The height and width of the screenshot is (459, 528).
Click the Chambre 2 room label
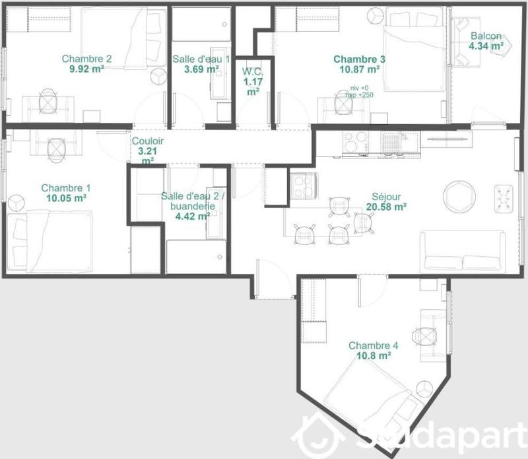coord(86,58)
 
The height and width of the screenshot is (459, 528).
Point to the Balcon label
coord(486,36)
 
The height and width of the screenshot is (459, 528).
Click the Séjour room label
coord(386,196)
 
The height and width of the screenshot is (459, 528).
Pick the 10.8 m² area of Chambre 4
coord(373,355)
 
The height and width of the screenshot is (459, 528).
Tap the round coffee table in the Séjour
coord(459,197)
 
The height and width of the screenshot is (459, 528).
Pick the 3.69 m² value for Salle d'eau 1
coord(201,69)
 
